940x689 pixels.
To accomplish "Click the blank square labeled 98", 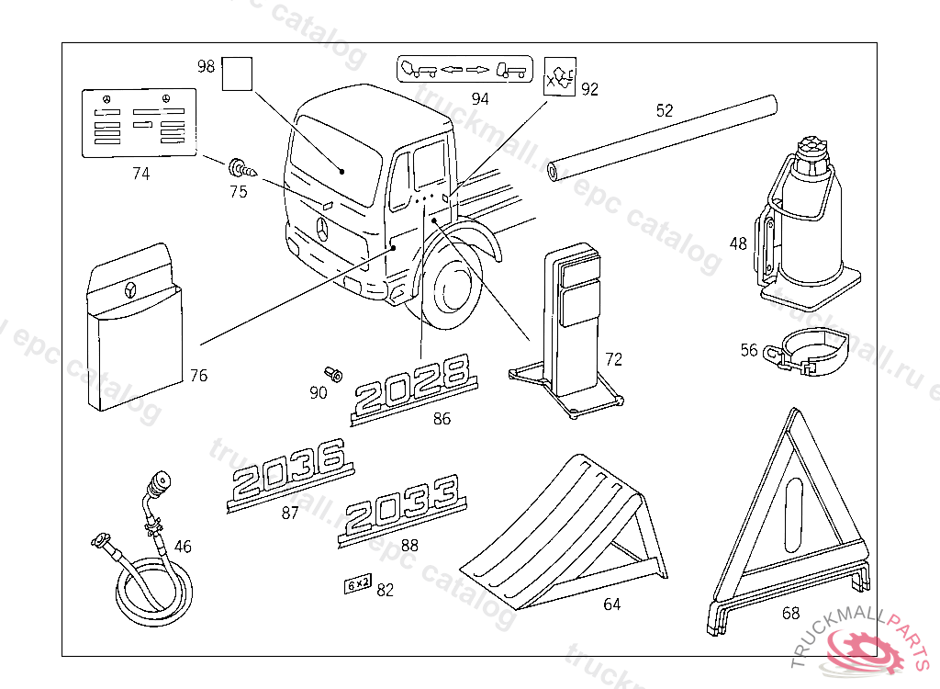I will click(x=237, y=73).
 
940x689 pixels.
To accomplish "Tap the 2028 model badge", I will click(x=415, y=390).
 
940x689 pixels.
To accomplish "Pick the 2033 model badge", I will click(x=402, y=510).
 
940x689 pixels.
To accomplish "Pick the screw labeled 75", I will click(x=241, y=169).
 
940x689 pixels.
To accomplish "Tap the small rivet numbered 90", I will click(x=332, y=374).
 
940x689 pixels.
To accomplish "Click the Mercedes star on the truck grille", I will click(x=323, y=230).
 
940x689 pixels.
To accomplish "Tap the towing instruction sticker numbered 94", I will click(x=464, y=70).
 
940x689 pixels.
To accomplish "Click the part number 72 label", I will click(x=613, y=359).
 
